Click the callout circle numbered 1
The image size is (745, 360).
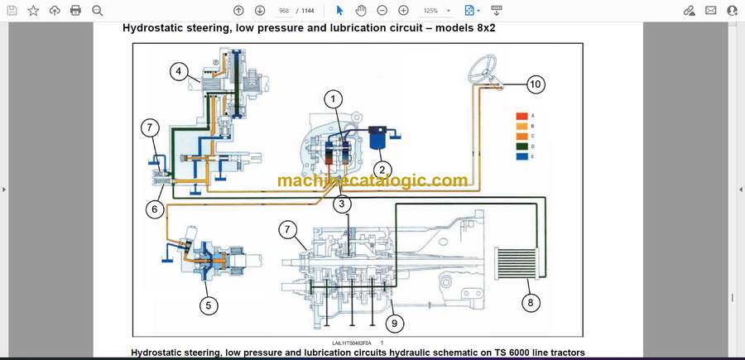click(333, 100)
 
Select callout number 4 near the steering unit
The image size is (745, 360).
click(179, 72)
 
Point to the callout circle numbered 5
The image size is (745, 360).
click(209, 305)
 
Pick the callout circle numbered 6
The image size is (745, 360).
click(153, 209)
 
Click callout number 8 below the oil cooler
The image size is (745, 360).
click(531, 303)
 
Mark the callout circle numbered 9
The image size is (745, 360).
click(394, 324)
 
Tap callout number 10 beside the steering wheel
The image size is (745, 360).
click(536, 84)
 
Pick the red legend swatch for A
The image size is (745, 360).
click(521, 115)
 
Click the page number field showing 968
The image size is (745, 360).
click(285, 11)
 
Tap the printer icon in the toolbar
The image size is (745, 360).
click(75, 11)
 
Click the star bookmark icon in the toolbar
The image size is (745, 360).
click(33, 11)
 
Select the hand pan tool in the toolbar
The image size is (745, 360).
click(361, 11)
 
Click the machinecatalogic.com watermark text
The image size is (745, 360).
click(372, 180)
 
